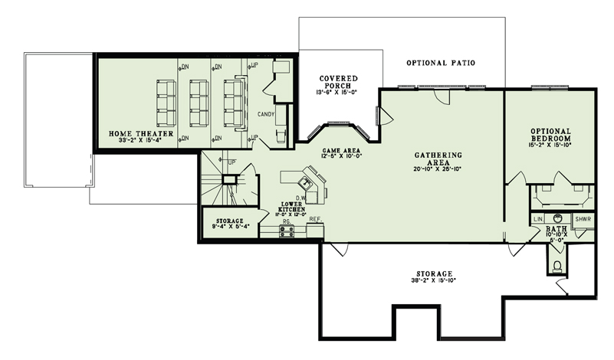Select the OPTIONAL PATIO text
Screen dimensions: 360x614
click(441, 62)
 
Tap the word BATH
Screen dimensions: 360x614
click(557, 229)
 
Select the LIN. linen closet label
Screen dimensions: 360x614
click(538, 219)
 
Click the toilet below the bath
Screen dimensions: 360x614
click(557, 266)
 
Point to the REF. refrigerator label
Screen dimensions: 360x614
click(314, 220)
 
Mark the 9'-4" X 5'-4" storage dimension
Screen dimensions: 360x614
click(226, 227)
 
